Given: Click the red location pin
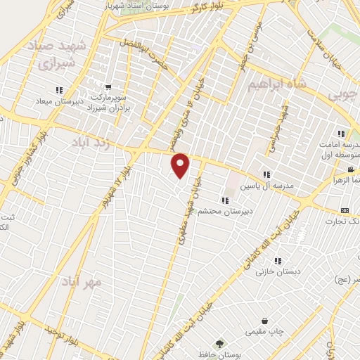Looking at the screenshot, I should (x=181, y=165).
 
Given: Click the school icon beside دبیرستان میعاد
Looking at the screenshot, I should (x=59, y=89).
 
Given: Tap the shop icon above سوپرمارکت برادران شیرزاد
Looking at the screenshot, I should (x=108, y=87).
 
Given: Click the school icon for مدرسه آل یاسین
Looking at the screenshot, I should (x=266, y=174).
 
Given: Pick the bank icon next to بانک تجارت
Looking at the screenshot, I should (x=345, y=210).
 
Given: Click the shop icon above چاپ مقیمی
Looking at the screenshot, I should (x=264, y=321).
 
